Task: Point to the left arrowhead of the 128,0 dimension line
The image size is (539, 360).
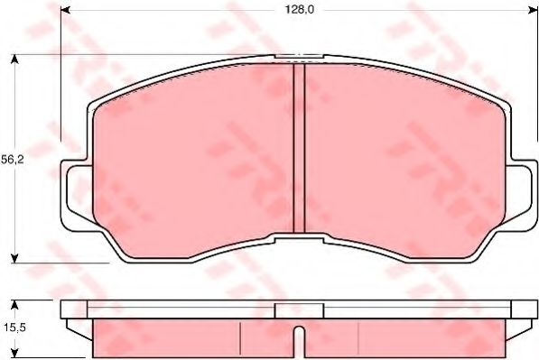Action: [65, 11]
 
